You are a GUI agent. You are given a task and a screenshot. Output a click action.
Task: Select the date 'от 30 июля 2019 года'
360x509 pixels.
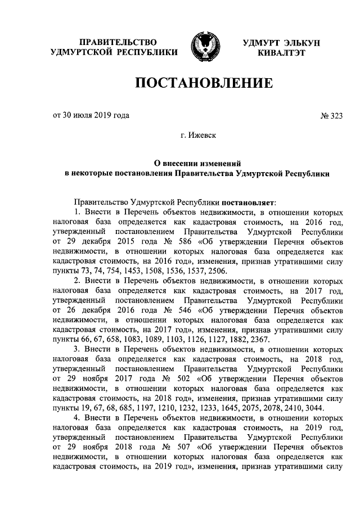[x=91, y=116]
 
